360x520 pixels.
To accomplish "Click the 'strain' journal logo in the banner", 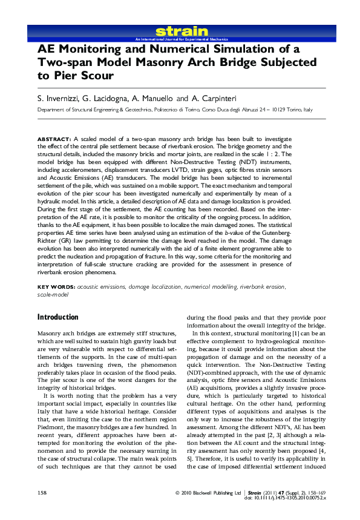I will coord(174,31).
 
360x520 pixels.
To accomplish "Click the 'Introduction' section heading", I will coord(58,317).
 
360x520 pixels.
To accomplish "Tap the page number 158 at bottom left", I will coord(42,492).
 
